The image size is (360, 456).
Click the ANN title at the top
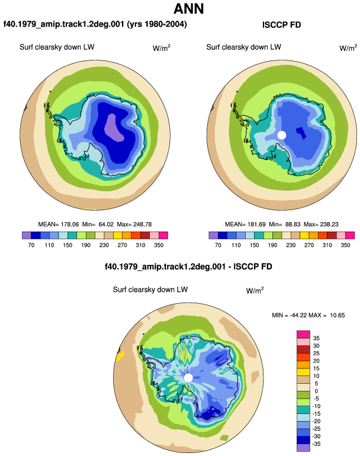pyautogui.click(x=188, y=9)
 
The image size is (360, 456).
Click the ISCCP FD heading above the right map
pyautogui.click(x=281, y=25)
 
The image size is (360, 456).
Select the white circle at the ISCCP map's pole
pyautogui.click(x=282, y=135)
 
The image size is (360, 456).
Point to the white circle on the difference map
pyautogui.click(x=188, y=378)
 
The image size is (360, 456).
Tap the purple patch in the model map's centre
pyautogui.click(x=114, y=128)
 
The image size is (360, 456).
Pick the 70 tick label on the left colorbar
pyautogui.click(x=31, y=245)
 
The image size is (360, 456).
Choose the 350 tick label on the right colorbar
pyautogui.click(x=345, y=245)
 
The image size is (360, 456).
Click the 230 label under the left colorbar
pyautogui.click(x=104, y=245)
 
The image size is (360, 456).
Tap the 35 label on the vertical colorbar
pyautogui.click(x=316, y=338)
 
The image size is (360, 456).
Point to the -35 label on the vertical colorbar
pyautogui.click(x=316, y=444)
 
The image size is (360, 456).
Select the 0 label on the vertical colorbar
pyautogui.click(x=316, y=391)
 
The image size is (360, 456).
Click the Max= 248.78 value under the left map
pyautogui.click(x=134, y=224)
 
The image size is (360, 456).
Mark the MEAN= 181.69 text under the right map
pyautogui.click(x=245, y=224)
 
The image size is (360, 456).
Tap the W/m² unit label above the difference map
pyautogui.click(x=255, y=290)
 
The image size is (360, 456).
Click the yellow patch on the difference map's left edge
pyautogui.click(x=120, y=356)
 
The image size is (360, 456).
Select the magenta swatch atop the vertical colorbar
pyautogui.click(x=303, y=335)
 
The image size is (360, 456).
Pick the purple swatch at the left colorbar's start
pyautogui.click(x=27, y=235)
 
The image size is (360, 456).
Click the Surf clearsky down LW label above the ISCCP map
pyautogui.click(x=244, y=47)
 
